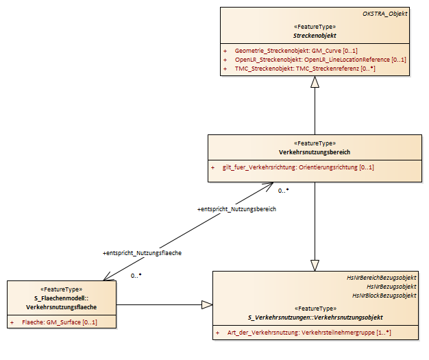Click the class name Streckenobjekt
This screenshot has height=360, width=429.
[315, 36]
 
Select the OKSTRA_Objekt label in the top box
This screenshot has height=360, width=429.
[385, 14]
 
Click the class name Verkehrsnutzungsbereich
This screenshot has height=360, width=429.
[315, 152]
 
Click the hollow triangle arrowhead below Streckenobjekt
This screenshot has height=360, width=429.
[315, 82]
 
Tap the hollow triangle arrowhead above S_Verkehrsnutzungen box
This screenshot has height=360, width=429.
[315, 265]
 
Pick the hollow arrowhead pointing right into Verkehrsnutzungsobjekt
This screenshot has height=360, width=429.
[207, 304]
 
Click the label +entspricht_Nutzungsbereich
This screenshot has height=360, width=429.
[236, 209]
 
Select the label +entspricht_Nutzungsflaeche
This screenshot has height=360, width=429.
[143, 253]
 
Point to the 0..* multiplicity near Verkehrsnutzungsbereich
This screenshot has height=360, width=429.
[284, 191]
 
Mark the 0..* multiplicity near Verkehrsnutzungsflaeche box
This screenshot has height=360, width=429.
[136, 276]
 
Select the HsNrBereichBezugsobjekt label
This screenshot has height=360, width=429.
[382, 278]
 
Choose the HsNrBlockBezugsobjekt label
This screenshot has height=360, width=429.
[384, 296]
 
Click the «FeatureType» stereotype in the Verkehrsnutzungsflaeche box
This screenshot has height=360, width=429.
[61, 289]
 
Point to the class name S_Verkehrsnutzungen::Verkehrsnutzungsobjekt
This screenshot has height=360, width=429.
[315, 317]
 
